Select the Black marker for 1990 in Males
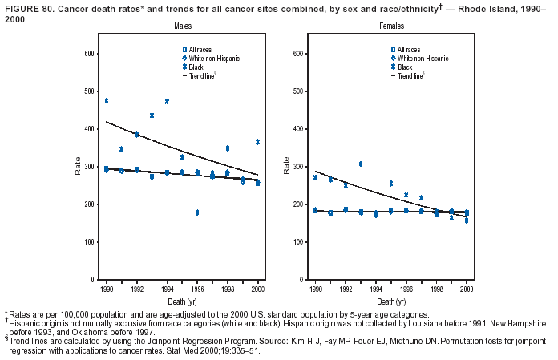click(107, 100)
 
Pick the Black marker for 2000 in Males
click(257, 142)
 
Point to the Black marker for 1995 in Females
click(391, 184)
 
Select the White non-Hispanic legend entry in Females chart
click(420, 59)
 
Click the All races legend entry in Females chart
click(407, 50)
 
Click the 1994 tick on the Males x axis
click(167, 289)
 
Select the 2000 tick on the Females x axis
click(467, 289)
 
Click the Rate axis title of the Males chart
click(78, 168)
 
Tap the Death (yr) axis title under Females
click(391, 300)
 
